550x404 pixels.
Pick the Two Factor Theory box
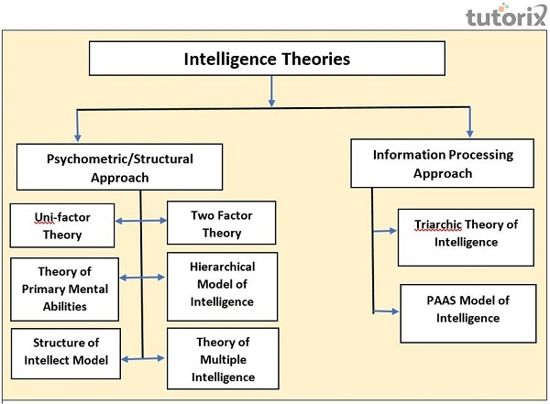(x=221, y=224)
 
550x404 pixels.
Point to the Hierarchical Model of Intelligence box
(x=222, y=285)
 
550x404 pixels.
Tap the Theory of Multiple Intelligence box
(x=222, y=358)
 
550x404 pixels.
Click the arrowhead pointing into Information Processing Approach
(x=470, y=132)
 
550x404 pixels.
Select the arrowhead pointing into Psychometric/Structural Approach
(x=78, y=135)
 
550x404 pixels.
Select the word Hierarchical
(x=222, y=268)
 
